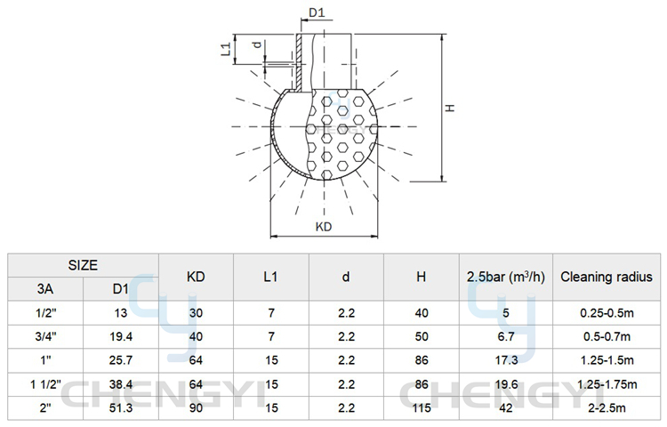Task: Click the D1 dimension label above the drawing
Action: pos(317,12)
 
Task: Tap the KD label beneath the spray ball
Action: pos(324,227)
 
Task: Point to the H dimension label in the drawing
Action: pos(450,108)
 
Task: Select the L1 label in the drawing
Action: pos(226,49)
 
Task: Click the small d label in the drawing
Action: pos(256,44)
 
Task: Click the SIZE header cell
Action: pos(83,265)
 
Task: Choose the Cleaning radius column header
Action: pos(607,277)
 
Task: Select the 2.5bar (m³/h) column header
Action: pos(506,277)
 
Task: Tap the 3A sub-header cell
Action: pos(45,289)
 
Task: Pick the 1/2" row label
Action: pos(46,313)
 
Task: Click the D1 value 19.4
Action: pos(121,337)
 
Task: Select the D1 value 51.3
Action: pos(121,408)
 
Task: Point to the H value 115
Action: pos(422,408)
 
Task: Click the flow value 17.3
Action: pos(506,360)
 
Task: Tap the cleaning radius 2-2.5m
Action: pos(607,408)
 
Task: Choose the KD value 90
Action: pos(196,408)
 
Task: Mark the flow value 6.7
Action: pos(506,337)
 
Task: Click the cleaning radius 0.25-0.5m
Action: pos(607,313)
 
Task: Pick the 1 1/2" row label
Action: pos(46,384)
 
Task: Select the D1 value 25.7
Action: pos(121,360)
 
